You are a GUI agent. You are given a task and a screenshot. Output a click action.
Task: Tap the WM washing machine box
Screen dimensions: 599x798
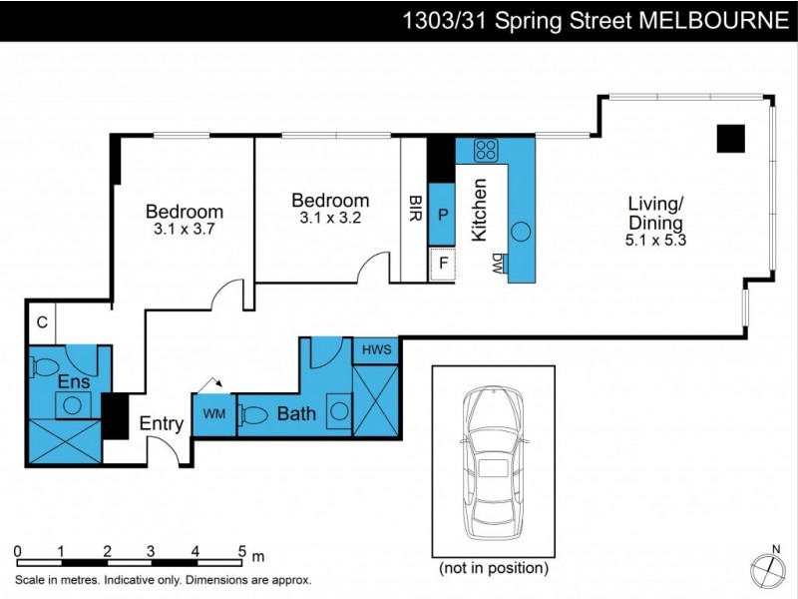(x=213, y=413)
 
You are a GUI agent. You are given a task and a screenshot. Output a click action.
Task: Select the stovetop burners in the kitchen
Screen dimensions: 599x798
(x=486, y=151)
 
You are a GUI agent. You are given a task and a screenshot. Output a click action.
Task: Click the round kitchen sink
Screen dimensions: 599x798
(x=521, y=232)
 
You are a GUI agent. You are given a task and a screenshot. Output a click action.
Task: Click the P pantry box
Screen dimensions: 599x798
(x=442, y=215)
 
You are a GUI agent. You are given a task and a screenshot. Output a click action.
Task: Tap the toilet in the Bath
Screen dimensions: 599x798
(x=254, y=414)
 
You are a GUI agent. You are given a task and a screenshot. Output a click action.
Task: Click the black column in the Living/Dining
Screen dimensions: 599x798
(x=730, y=139)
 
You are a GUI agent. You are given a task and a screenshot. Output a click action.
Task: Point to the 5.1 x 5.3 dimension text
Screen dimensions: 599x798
(x=654, y=240)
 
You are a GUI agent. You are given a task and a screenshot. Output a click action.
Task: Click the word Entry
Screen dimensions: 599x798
(x=161, y=424)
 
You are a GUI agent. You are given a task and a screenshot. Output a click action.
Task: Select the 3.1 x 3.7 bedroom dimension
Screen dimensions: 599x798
(x=184, y=229)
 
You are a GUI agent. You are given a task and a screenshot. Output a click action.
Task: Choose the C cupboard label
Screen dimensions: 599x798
(x=43, y=321)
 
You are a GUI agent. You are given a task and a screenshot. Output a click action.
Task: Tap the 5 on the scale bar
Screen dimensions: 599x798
(x=240, y=550)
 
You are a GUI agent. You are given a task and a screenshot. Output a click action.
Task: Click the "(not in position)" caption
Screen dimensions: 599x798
(x=493, y=568)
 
